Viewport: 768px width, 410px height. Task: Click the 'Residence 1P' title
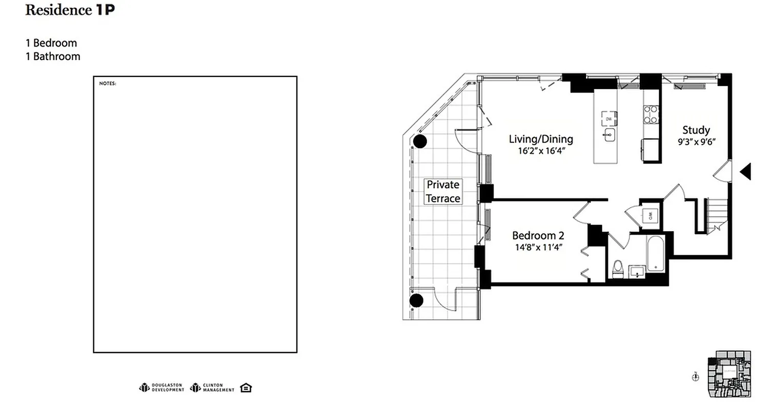coord(70,11)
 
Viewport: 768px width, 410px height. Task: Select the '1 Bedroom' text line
coord(51,43)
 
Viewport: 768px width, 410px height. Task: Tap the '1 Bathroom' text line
coord(53,56)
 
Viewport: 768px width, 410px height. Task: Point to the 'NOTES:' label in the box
coord(108,83)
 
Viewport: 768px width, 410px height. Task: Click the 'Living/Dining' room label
coord(540,139)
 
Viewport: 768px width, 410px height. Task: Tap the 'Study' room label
coord(696,130)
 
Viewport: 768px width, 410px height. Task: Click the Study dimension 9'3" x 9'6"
coord(696,141)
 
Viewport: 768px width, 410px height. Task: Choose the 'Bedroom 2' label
coord(538,236)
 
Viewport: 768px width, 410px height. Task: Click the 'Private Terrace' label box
coord(443,191)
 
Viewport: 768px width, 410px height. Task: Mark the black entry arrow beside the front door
coord(745,171)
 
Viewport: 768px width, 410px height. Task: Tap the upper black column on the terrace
coord(420,141)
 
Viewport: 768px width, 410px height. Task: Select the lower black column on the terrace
coord(416,300)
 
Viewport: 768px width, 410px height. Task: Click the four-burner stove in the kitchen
coord(651,114)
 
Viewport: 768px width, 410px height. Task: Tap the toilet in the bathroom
coord(618,268)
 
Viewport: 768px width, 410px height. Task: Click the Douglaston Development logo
coord(161,387)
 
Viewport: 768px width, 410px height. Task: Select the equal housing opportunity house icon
coord(246,387)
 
